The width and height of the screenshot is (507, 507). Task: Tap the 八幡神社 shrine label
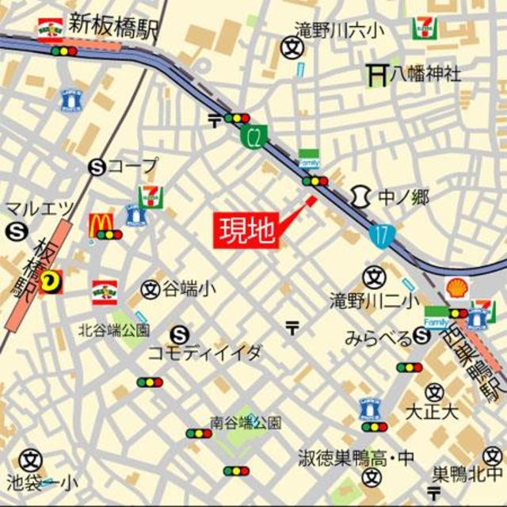425,74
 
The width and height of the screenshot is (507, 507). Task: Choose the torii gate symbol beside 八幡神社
375,74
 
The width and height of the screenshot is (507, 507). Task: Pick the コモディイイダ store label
204,353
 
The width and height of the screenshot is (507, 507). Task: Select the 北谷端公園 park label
113,328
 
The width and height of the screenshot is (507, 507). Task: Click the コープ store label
133,166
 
